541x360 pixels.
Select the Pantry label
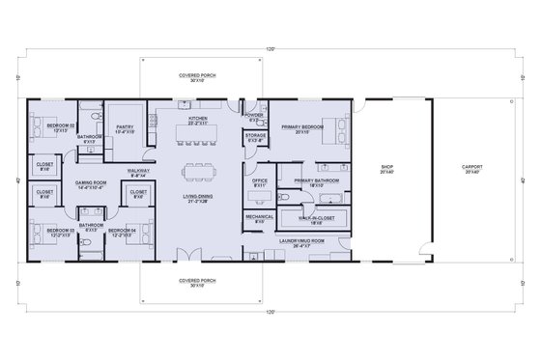pos(125,127)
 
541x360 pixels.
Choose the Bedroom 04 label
pos(121,231)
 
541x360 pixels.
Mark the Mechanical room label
pos(260,218)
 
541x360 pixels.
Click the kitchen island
pos(202,135)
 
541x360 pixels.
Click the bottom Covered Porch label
pos(203,283)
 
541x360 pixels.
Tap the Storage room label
pos(256,137)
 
